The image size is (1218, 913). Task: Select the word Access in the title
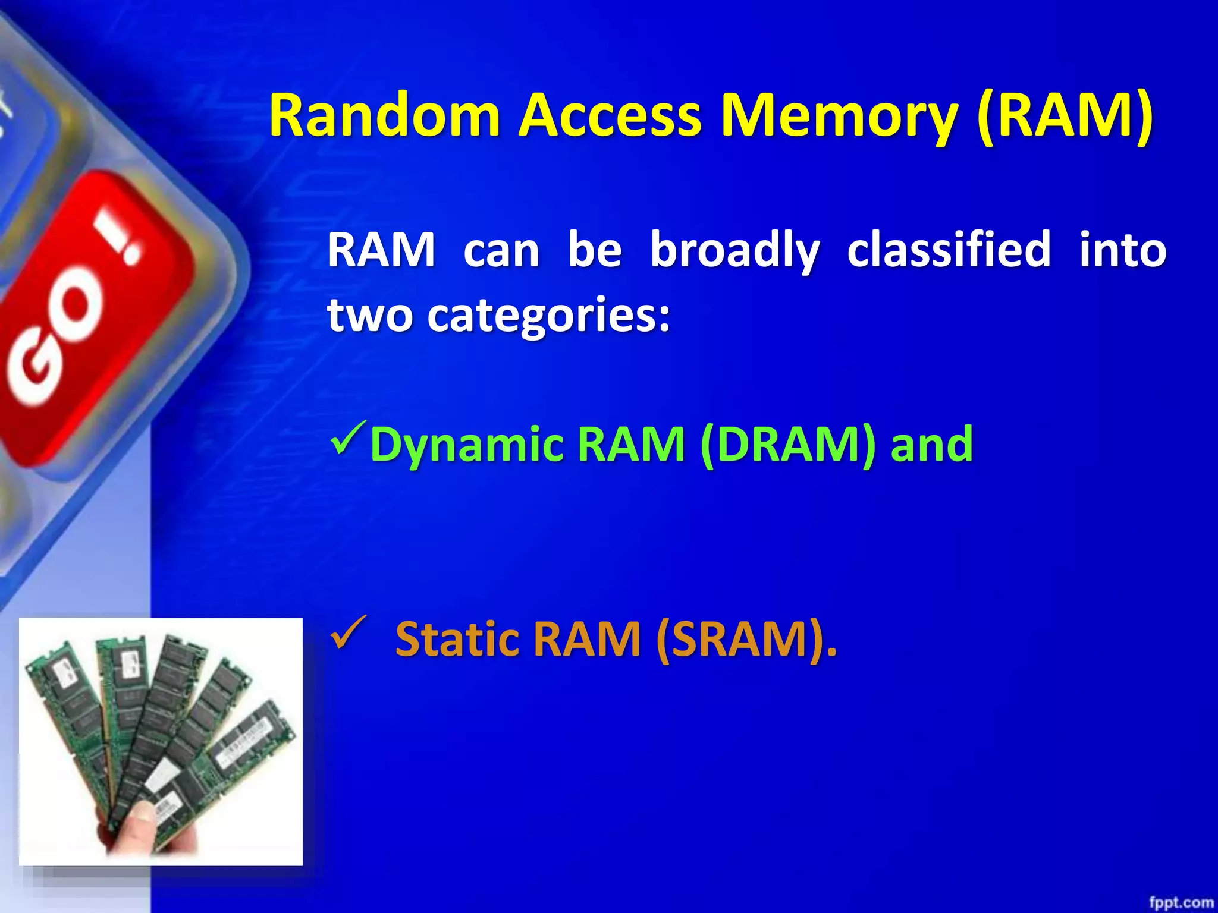tap(610, 115)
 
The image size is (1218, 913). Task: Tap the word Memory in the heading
tap(839, 115)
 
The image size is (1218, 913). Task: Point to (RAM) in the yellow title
tap(1065, 115)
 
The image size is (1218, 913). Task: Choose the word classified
tap(949, 250)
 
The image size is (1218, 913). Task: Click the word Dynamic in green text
tap(467, 445)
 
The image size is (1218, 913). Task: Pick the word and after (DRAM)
tap(931, 445)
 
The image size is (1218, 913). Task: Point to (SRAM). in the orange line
tap(746, 639)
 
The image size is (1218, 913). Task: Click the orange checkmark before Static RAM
tap(348, 634)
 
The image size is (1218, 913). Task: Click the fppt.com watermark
tap(1181, 902)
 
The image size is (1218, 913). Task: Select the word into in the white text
tap(1122, 250)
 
